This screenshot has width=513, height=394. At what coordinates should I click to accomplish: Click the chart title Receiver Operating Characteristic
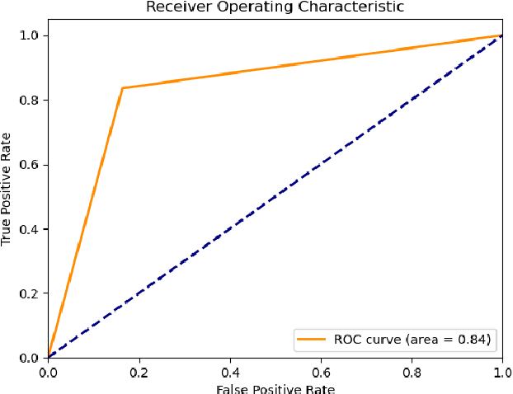275,7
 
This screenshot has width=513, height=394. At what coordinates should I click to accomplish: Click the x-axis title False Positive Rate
275,388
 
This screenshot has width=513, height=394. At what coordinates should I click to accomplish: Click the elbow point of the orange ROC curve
122,87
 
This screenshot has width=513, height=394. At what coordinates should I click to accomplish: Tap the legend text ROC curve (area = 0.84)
412,339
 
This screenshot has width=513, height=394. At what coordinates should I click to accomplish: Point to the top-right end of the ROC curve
501,35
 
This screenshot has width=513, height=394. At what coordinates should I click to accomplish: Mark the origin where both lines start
48,358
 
